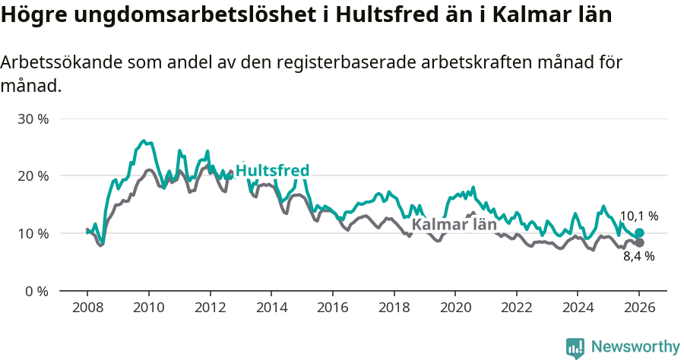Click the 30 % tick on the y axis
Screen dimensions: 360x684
[x=33, y=119]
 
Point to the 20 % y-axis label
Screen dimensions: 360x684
[x=33, y=176]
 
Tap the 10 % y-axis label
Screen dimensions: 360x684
[x=33, y=233]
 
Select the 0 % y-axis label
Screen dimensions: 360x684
[x=36, y=291]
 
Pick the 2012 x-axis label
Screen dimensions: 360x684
[x=210, y=308]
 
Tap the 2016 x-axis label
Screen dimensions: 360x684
[x=332, y=308]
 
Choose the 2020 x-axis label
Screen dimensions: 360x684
[x=455, y=308]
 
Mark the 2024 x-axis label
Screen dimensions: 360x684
[x=578, y=308]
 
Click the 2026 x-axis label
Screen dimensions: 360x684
[x=639, y=308]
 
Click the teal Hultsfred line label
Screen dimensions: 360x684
[x=272, y=171]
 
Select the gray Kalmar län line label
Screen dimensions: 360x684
[x=454, y=224]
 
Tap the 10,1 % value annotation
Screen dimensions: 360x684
[x=638, y=216]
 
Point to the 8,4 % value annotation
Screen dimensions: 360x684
[x=638, y=257]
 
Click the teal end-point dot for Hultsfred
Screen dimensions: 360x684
[x=639, y=233]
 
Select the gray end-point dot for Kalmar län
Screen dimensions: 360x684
[x=639, y=243]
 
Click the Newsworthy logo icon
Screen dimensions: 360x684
[x=575, y=347]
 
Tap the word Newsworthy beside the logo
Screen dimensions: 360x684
[x=635, y=347]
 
